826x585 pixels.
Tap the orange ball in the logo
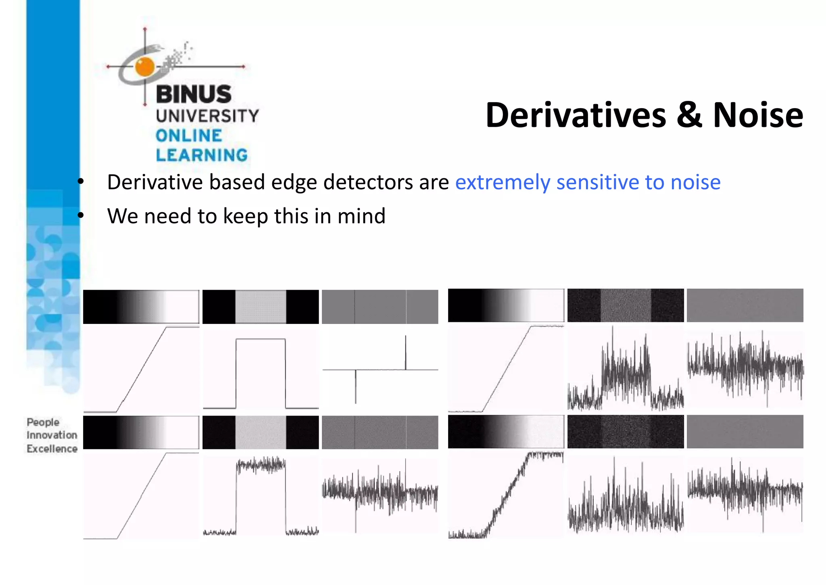click(145, 67)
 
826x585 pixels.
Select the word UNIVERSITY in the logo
click(207, 116)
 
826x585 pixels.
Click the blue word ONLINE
click(189, 136)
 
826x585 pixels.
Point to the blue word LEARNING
click(202, 155)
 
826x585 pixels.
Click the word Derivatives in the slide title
click(576, 116)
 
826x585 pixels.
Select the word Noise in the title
click(758, 116)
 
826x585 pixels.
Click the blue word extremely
click(503, 183)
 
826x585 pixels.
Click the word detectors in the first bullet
click(368, 182)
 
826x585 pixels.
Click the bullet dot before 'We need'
click(81, 215)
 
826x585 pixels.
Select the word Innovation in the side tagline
click(52, 435)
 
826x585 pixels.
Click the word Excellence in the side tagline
click(52, 449)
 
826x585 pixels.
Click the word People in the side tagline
click(43, 422)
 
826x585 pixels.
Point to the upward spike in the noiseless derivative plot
click(405, 351)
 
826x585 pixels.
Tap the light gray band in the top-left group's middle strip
click(261, 307)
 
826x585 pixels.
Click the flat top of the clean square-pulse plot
click(261, 339)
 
